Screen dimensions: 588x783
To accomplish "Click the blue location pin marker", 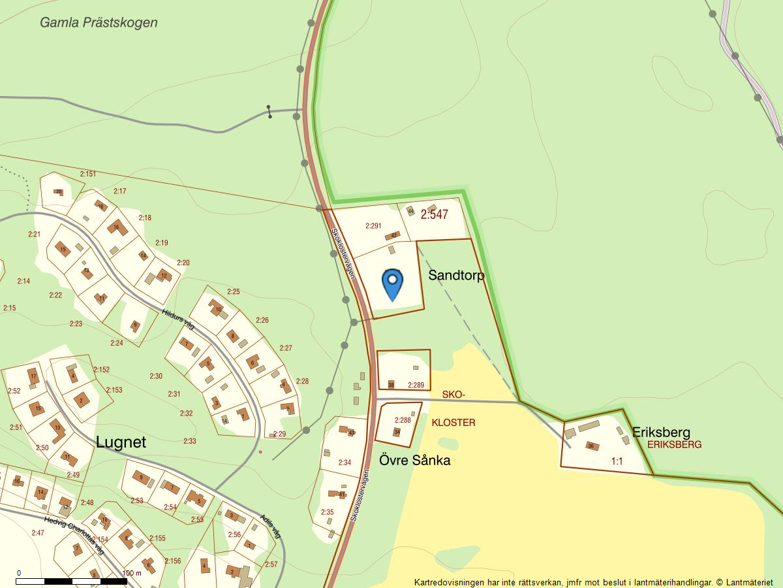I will click(392, 283).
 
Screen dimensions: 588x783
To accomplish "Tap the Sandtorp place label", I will click(456, 276).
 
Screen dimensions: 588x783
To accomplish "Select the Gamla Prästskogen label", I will click(99, 22).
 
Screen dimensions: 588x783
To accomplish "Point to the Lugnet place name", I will click(121, 442).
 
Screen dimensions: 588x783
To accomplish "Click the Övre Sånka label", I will click(415, 461).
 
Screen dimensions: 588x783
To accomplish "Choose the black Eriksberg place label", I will click(661, 432).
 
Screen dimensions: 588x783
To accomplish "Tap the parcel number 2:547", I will click(435, 214).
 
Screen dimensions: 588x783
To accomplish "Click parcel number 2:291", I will click(373, 226).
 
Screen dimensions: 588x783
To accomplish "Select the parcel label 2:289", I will click(416, 385).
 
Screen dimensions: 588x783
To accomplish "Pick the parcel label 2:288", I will click(403, 420).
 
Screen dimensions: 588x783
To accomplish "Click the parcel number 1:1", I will click(617, 461).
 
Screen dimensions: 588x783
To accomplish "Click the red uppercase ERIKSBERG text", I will click(674, 444).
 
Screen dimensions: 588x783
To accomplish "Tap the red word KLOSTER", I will click(453, 423).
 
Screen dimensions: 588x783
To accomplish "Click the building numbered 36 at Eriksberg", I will click(591, 446).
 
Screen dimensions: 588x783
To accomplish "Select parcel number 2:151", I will click(88, 174).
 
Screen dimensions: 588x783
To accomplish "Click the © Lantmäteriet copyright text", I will click(747, 582).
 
